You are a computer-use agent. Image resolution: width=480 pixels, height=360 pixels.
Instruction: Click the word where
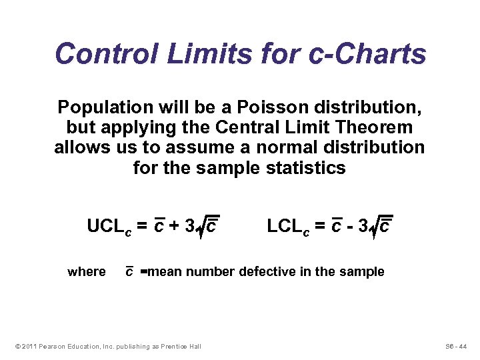(87, 272)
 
